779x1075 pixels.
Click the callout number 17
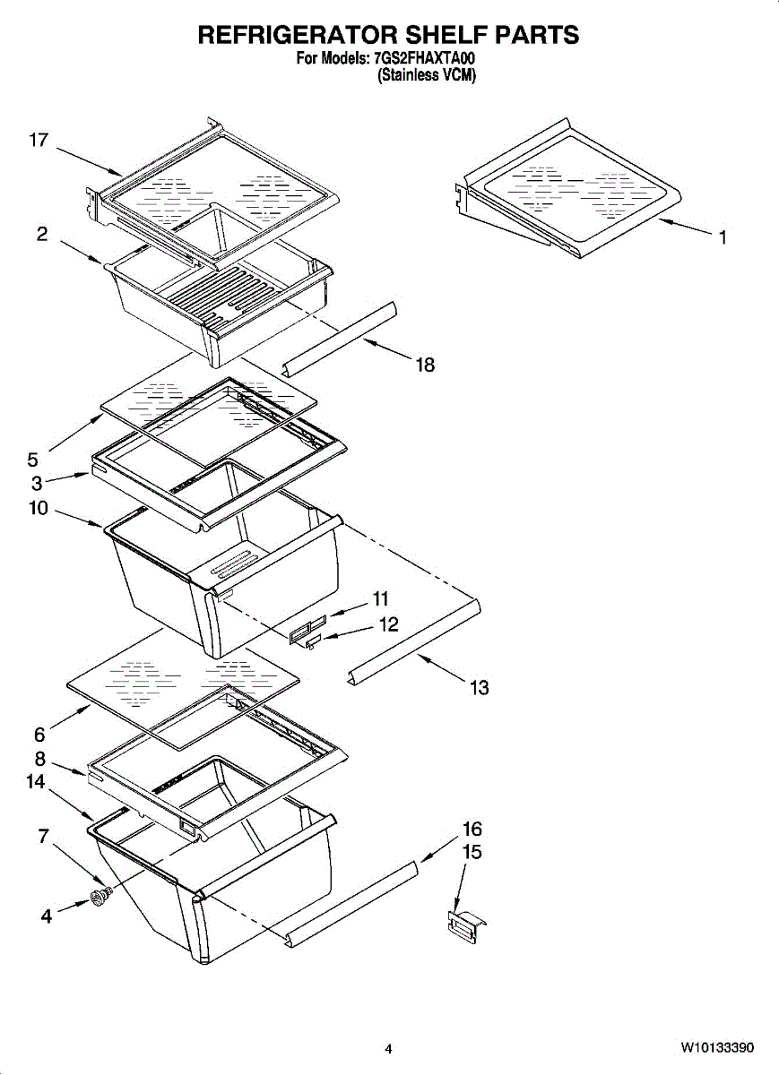click(39, 140)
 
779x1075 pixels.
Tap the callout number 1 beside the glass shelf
click(723, 237)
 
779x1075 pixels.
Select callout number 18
click(425, 365)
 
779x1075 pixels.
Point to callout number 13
click(479, 688)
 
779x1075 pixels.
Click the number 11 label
click(381, 599)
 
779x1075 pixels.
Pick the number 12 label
click(388, 624)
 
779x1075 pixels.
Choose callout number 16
click(472, 829)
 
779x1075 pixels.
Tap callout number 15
click(472, 852)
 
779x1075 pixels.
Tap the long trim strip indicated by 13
click(414, 641)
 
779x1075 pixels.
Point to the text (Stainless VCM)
click(426, 75)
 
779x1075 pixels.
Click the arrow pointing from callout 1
click(686, 227)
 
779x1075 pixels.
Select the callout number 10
click(39, 508)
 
